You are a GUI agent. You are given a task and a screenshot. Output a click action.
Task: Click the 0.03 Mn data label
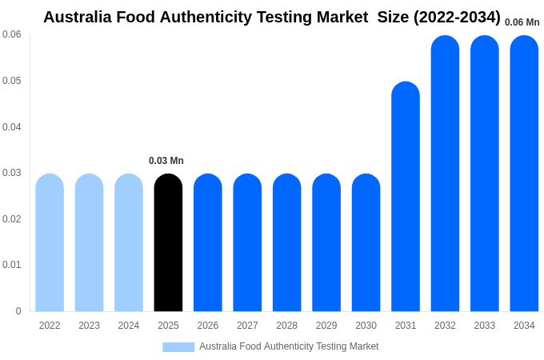coord(166,161)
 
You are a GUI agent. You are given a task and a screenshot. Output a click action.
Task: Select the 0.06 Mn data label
coord(522,22)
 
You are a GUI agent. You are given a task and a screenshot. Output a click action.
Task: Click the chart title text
coord(272,17)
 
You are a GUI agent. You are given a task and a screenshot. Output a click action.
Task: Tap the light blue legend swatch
coord(178,347)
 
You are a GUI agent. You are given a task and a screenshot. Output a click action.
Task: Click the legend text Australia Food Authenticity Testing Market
coord(289,346)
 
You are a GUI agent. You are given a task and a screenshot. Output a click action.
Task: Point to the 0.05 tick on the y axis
coord(12,81)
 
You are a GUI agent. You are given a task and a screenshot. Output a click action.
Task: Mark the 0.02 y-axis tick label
coord(12,219)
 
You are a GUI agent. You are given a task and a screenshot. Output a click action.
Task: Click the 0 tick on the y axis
coord(18,311)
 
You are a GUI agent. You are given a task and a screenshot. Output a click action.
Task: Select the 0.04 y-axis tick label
coord(12,127)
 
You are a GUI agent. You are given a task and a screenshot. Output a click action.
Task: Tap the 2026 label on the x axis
coord(208,326)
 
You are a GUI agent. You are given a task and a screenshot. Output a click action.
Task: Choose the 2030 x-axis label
coord(366,326)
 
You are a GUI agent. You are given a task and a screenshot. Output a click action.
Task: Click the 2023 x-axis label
coord(89,326)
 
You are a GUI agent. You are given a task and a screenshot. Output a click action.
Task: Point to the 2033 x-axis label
coord(484,326)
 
